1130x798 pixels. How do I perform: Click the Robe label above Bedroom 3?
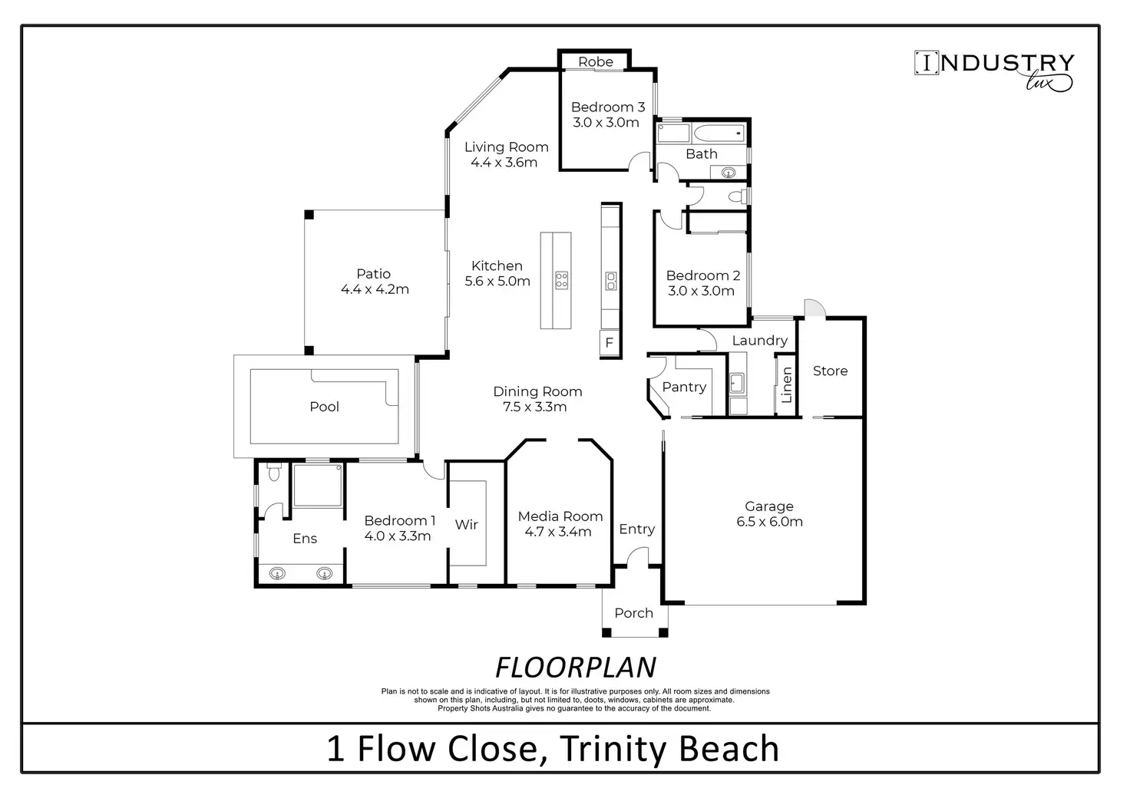[595, 61]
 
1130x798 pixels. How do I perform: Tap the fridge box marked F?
[610, 343]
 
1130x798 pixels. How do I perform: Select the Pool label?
[325, 407]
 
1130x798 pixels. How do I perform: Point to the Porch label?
[633, 613]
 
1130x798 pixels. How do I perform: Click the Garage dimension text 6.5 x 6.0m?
[769, 521]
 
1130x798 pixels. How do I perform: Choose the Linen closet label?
[786, 385]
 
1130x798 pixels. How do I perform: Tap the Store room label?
[830, 371]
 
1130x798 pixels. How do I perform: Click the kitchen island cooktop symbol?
[561, 280]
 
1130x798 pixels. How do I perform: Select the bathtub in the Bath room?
[719, 134]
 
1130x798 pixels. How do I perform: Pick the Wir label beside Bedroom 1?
[466, 524]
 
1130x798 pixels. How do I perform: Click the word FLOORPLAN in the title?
[576, 668]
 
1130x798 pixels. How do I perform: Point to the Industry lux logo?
[994, 71]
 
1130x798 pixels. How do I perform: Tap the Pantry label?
[684, 387]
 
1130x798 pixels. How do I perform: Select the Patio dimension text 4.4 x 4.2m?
[375, 289]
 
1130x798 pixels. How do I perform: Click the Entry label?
[637, 529]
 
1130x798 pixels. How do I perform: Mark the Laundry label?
[760, 341]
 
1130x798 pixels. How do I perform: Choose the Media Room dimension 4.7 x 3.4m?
[558, 531]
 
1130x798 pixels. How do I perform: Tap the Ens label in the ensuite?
[305, 539]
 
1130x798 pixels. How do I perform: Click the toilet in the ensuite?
[273, 472]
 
